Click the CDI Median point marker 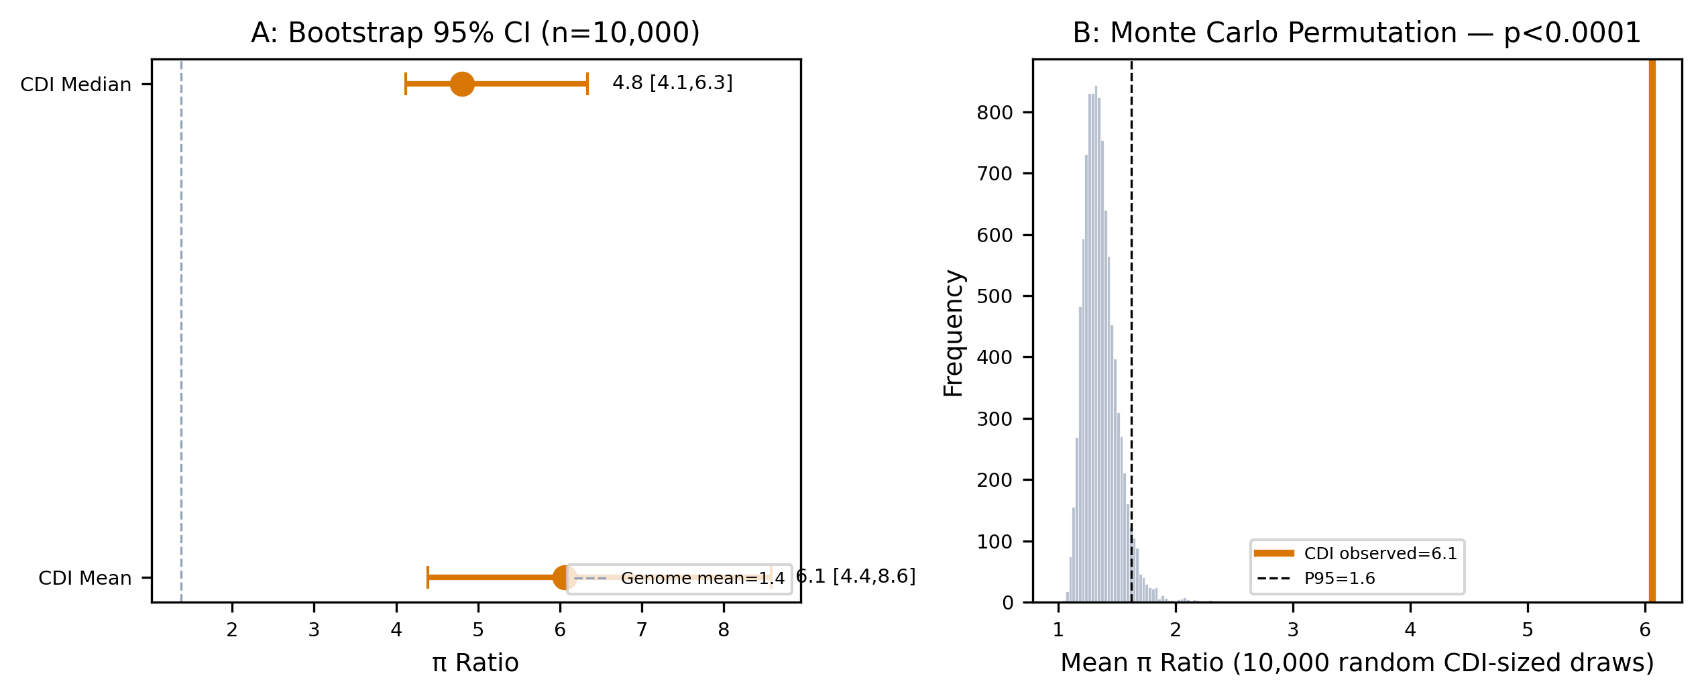(x=462, y=84)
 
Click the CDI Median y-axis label (x=76, y=84)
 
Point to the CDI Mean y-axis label (x=85, y=578)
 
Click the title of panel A (x=475, y=33)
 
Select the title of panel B (x=1357, y=33)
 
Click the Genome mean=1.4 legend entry (x=679, y=579)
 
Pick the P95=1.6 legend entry (x=1316, y=578)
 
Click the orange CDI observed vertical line (x=1652, y=331)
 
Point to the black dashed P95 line (x=1131, y=331)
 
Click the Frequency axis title (x=953, y=333)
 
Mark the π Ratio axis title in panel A (x=475, y=663)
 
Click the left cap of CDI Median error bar (x=406, y=84)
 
